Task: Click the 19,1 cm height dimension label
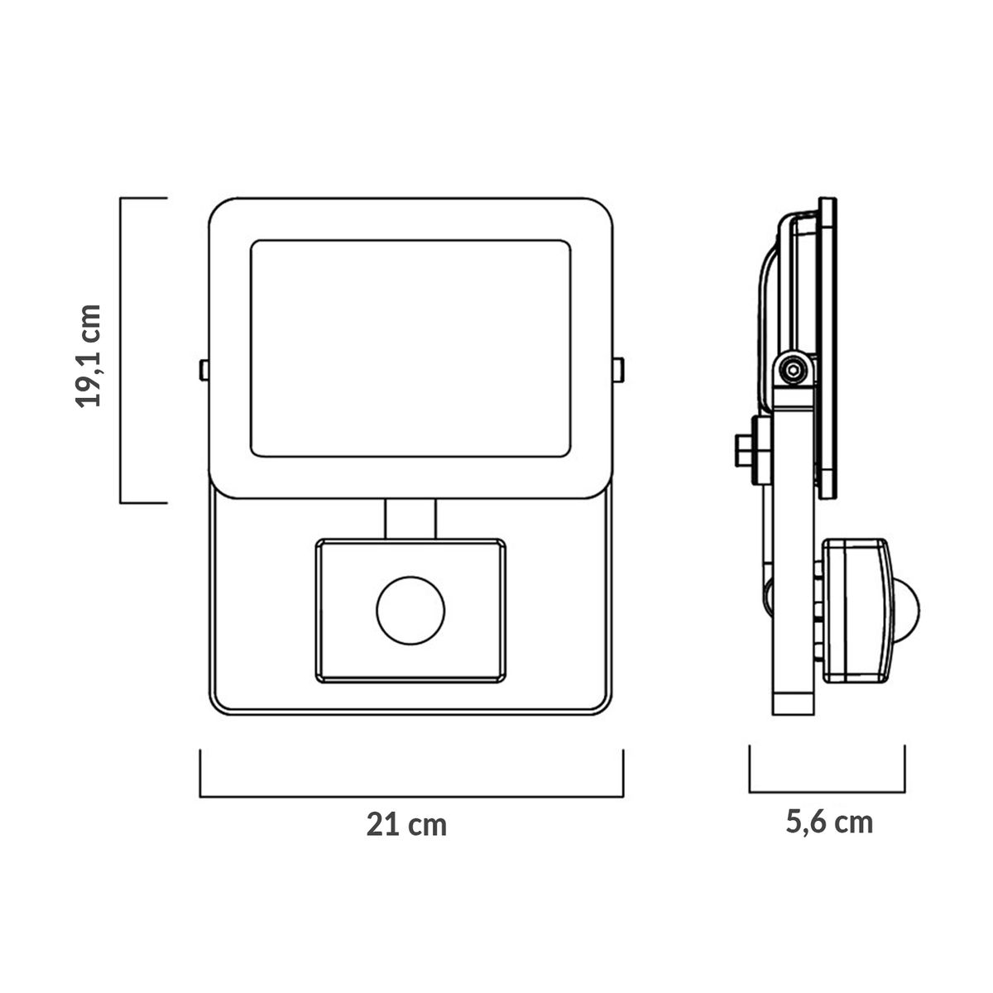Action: tap(88, 356)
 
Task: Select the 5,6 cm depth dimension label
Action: tap(829, 823)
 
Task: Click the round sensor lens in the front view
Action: tap(410, 610)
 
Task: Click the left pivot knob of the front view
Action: tap(204, 370)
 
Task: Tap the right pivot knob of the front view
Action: tap(618, 370)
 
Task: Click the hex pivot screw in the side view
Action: tap(794, 369)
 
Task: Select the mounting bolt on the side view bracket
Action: tap(745, 451)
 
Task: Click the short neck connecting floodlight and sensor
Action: tap(410, 519)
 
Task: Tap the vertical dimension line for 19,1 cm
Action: tap(121, 350)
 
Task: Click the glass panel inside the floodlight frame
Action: tap(410, 348)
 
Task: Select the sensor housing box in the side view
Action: tap(856, 611)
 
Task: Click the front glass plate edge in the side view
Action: tap(827, 348)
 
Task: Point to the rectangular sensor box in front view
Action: tap(410, 612)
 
